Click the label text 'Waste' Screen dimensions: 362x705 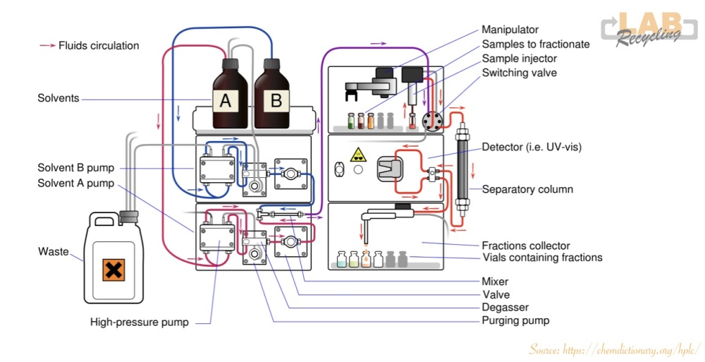54,251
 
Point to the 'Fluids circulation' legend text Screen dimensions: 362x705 99,45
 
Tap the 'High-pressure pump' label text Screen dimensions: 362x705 139,322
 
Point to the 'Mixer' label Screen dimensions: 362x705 496,281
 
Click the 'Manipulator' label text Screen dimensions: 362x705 510,30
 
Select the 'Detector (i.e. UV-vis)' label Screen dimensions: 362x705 532,147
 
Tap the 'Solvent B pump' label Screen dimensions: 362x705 75,168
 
